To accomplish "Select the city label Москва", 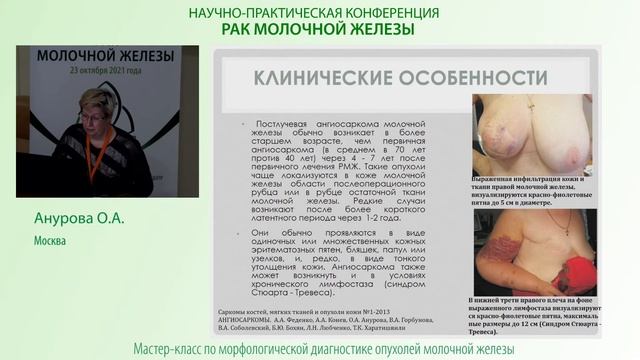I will pyautogui.click(x=49, y=242).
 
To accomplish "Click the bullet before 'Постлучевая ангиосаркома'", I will pyautogui.click(x=230, y=122).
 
